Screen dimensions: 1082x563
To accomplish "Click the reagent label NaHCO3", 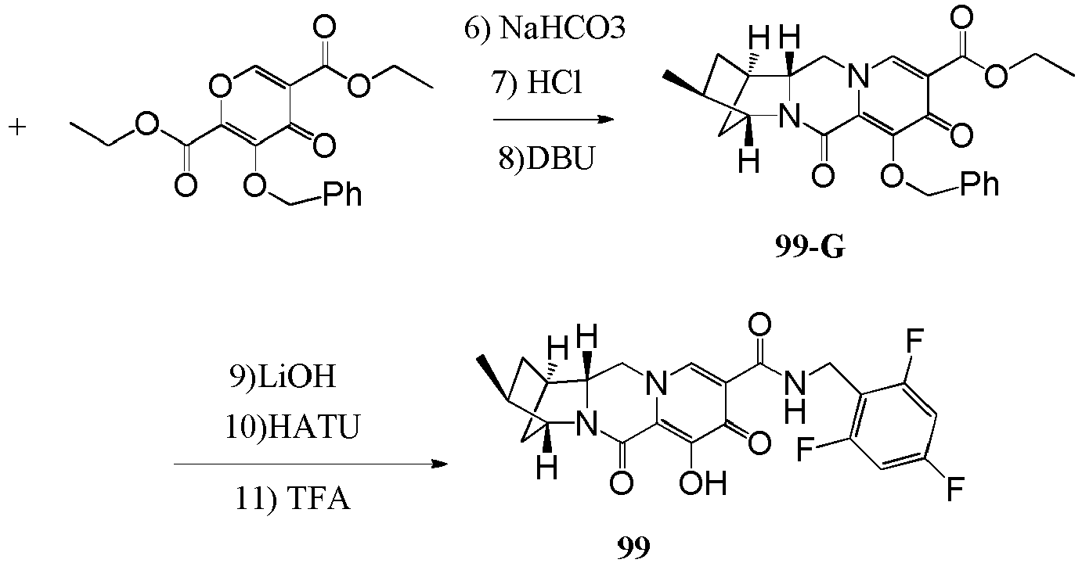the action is [x=562, y=28].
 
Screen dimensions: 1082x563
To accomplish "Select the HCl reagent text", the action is [x=554, y=83].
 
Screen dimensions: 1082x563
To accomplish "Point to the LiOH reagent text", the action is [x=296, y=376].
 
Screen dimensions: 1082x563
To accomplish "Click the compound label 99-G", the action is [x=810, y=248].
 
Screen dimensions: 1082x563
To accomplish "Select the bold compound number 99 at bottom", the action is [x=633, y=547].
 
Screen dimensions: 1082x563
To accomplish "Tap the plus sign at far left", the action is [x=17, y=127].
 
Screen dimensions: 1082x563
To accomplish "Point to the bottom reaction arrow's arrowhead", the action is [x=439, y=464].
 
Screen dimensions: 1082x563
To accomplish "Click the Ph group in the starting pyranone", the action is [x=342, y=194].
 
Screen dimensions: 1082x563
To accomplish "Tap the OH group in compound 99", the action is [x=703, y=483].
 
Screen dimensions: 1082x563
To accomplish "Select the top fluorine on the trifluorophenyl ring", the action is [x=914, y=341].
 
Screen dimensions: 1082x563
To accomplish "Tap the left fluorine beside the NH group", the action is [x=806, y=449].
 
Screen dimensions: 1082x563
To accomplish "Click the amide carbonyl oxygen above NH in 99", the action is [x=759, y=325].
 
